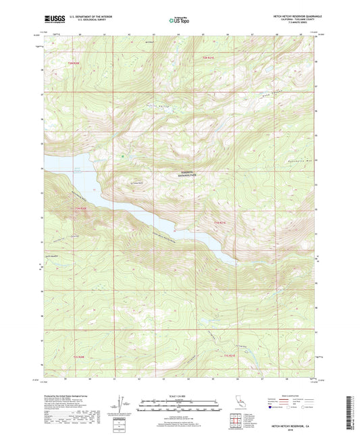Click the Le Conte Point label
pos(139,181)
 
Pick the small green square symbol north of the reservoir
pos(122,157)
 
